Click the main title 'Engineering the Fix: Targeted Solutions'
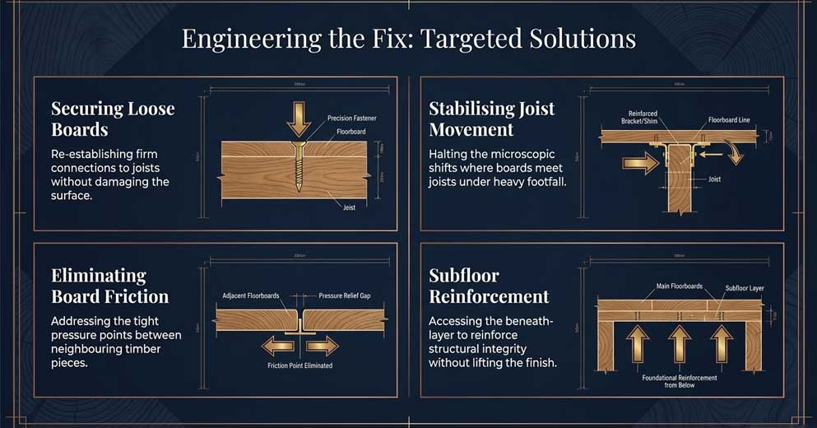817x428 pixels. [408, 40]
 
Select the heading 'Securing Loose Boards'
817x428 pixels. [113, 119]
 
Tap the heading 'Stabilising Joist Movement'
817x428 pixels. [492, 119]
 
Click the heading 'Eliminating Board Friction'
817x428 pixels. [109, 286]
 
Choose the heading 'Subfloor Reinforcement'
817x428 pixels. [489, 286]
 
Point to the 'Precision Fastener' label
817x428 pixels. [351, 119]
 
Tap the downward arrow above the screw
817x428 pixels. [298, 121]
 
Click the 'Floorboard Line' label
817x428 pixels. [729, 120]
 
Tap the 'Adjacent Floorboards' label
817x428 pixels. [251, 295]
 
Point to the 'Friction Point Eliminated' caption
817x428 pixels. [299, 365]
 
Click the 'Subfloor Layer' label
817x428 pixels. [745, 288]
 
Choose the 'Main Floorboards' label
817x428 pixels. [680, 286]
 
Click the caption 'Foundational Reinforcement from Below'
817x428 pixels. [680, 380]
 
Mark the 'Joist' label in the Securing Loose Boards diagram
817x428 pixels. [349, 207]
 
